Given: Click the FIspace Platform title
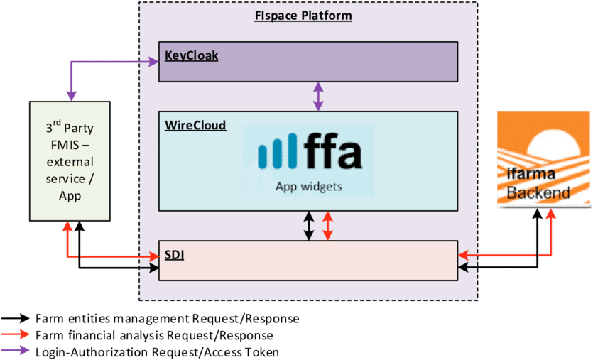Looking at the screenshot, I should [303, 16].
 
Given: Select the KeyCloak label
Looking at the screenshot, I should [191, 55].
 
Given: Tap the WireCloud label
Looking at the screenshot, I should [195, 126].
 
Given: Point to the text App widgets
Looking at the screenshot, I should [309, 187].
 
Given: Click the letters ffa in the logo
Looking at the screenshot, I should [333, 153].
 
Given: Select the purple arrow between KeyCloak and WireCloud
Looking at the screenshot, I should [318, 96].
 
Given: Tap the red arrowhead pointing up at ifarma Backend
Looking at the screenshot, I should [550, 214].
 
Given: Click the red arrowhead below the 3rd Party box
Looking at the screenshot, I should [67, 227].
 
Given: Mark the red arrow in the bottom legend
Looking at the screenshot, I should [15, 334].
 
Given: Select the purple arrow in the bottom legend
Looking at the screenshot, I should [15, 349].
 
